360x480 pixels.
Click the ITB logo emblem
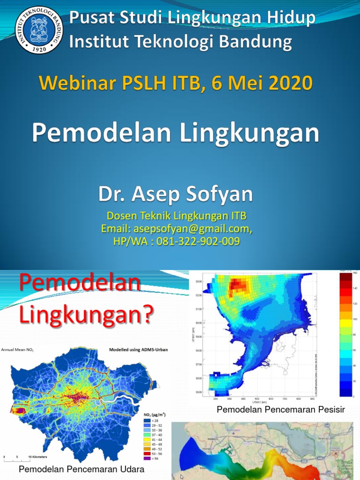click(x=39, y=30)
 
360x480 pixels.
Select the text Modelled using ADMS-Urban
click(x=138, y=350)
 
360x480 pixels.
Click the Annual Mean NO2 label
click(x=17, y=350)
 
